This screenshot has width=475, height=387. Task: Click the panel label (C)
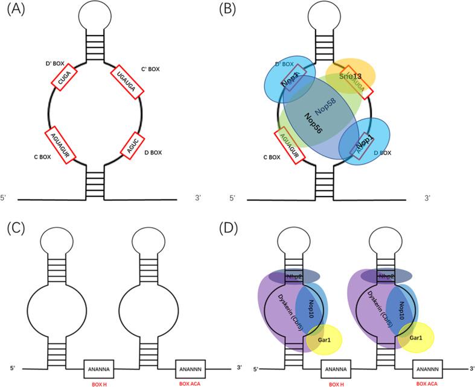(14, 228)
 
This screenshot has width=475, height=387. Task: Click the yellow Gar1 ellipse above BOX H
(324, 339)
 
